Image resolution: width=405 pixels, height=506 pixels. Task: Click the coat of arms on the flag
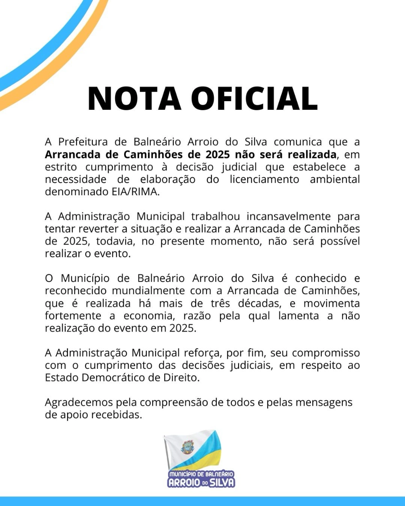point(186,447)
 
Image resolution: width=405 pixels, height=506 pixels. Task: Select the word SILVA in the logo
point(221,483)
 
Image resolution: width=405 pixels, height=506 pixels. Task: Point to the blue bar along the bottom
point(202,501)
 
